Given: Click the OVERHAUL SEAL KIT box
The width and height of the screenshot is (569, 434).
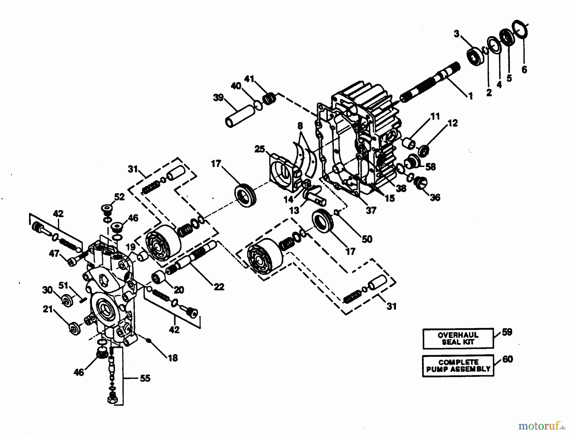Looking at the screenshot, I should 458,338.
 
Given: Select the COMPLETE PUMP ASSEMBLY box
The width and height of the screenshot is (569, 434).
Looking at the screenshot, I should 458,366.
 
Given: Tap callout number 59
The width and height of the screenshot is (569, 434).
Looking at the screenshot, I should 507,332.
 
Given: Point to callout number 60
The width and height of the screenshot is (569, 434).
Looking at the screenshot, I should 507,359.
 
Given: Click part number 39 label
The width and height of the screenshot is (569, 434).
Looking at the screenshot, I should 218,97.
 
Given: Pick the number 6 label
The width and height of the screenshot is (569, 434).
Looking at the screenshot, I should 524,70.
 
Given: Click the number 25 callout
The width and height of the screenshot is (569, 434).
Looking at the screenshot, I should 260,149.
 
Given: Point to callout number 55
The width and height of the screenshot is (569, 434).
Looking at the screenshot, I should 145,378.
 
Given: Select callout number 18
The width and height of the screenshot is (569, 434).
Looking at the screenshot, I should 173,358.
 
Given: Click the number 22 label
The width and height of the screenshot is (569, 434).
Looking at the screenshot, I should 219,287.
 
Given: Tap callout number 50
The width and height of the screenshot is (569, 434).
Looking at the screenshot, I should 367,239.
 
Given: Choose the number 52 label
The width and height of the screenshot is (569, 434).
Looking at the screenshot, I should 119,197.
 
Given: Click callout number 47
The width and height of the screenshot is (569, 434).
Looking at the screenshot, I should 54,253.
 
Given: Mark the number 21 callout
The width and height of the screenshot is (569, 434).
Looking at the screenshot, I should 48,309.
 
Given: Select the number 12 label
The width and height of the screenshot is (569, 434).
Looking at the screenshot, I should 453,123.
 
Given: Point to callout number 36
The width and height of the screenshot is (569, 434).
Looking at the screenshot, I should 435,198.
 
